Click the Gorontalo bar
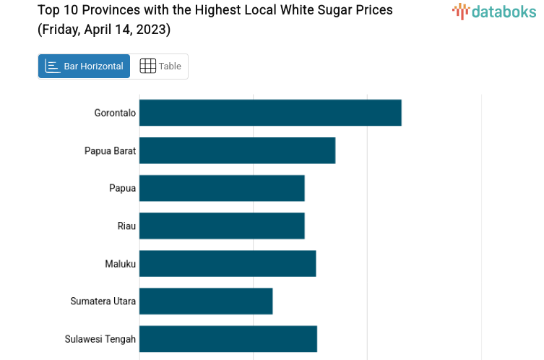(270, 113)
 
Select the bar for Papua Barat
(237, 150)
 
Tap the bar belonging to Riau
(222, 226)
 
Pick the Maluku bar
(228, 263)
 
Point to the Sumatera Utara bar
(206, 301)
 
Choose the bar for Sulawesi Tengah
(228, 338)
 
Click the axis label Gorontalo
(115, 113)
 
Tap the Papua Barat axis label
(110, 150)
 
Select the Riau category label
(126, 226)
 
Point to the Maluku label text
(120, 263)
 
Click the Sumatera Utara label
(103, 301)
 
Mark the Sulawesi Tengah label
(100, 338)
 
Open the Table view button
(160, 67)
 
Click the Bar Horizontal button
(85, 67)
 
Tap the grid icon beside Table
(147, 67)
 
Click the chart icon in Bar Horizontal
(53, 67)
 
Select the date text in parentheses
(104, 30)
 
